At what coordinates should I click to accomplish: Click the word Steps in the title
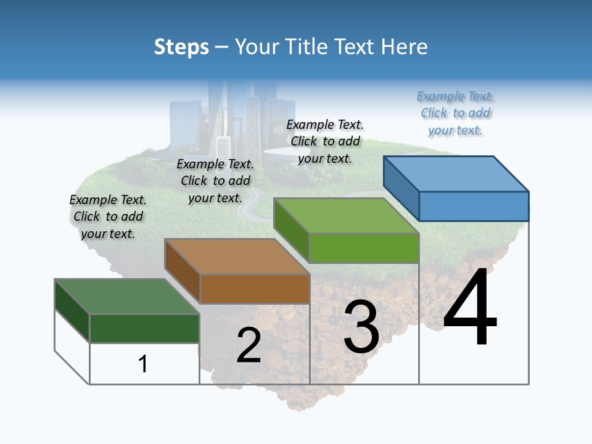click(x=181, y=47)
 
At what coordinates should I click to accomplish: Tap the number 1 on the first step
click(x=143, y=364)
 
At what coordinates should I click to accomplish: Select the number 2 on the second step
click(x=249, y=345)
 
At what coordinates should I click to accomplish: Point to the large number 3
click(x=361, y=327)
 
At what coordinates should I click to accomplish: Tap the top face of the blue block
click(x=456, y=173)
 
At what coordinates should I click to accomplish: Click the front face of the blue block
click(x=474, y=206)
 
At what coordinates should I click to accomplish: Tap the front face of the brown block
click(x=255, y=289)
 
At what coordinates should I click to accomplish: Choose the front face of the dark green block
click(x=144, y=328)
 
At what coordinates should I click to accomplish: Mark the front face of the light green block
click(x=364, y=248)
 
